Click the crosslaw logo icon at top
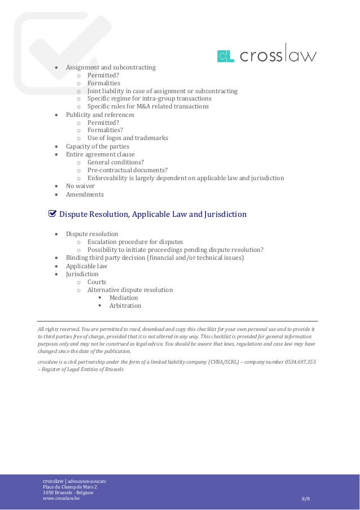click(225, 56)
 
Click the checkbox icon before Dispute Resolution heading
click(52, 214)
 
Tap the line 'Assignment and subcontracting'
click(111, 68)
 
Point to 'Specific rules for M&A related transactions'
click(147, 106)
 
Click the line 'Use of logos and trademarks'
click(128, 137)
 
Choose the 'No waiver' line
click(80, 186)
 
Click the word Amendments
click(85, 194)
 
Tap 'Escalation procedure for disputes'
click(139, 242)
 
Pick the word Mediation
click(124, 298)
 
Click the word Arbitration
click(125, 306)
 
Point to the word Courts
click(96, 282)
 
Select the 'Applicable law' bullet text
click(86, 266)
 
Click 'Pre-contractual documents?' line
click(127, 170)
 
